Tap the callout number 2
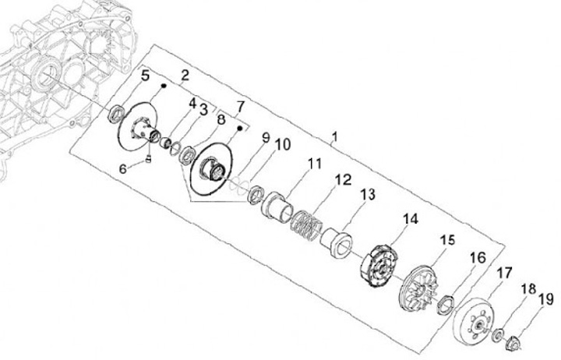coord(185,75)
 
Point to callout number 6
coord(122,168)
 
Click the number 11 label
coord(314,164)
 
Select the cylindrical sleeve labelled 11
coord(278,210)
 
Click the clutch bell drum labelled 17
coord(472,319)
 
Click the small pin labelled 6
coord(148,161)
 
